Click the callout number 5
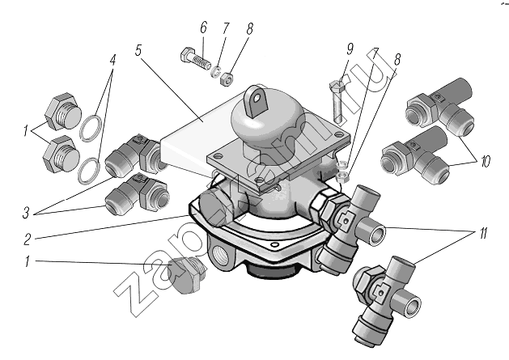(138, 50)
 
